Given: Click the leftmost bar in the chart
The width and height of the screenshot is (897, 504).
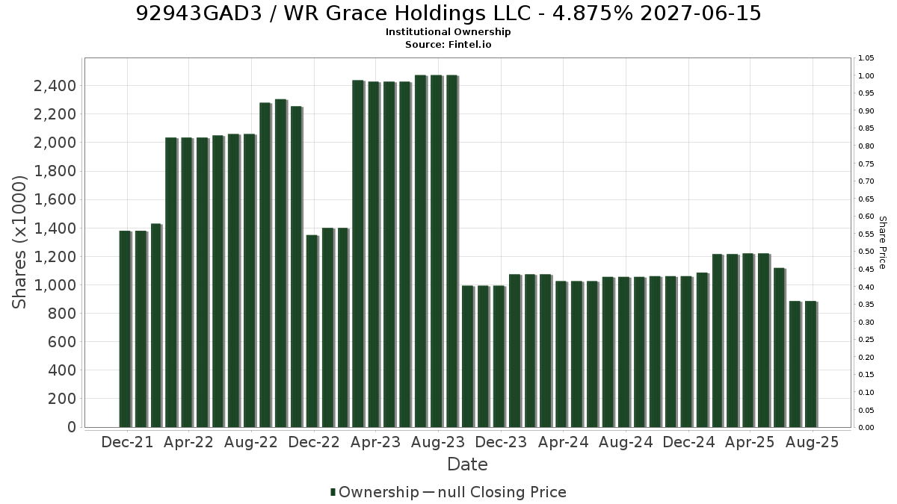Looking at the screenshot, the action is (125, 329).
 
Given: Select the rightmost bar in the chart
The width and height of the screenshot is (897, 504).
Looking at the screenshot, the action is (811, 364).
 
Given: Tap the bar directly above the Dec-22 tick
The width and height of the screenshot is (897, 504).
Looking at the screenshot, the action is (312, 332).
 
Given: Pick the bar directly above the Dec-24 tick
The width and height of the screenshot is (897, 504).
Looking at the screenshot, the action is (686, 352).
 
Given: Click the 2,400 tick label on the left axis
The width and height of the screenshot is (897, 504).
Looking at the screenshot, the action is (55, 86).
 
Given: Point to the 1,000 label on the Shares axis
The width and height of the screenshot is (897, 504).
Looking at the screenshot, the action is (55, 285).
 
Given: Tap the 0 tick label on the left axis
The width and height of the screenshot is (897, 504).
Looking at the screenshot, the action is (72, 427).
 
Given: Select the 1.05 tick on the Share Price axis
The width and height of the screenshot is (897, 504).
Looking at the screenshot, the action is (866, 58).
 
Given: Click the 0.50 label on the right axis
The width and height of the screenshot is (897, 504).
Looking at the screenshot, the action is (866, 252).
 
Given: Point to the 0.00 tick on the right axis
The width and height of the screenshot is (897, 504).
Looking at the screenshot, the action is (866, 428).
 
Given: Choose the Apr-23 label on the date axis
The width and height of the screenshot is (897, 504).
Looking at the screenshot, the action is (375, 442).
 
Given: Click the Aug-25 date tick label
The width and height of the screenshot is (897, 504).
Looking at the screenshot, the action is (812, 442).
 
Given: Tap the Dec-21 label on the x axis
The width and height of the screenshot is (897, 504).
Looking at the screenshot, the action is (127, 442).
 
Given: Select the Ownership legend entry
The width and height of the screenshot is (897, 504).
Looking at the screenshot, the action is (374, 492).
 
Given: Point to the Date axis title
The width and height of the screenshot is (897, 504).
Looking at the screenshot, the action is (467, 464).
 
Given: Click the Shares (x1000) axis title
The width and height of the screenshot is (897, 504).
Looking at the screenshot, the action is (19, 243).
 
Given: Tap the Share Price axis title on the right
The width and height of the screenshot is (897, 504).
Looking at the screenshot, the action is (883, 243).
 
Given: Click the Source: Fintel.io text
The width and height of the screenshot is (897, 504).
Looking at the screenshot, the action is (448, 44).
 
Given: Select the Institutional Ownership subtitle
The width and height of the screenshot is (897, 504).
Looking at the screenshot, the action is (448, 32).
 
